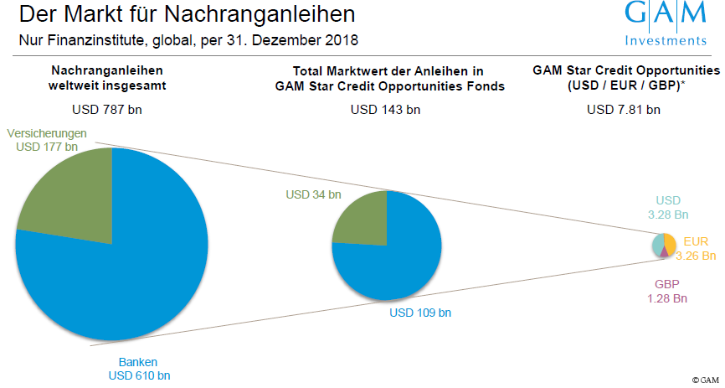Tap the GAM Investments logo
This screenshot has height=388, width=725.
[666, 23]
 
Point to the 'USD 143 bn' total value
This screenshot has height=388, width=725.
[385, 109]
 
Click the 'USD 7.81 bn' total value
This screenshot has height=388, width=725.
[624, 109]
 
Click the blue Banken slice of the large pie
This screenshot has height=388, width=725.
[126, 268]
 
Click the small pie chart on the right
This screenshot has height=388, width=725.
[664, 246]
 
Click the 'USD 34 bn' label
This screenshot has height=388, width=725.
[313, 194]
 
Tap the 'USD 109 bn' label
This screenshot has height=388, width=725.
[420, 313]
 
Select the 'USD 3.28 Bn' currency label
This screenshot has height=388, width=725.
[667, 208]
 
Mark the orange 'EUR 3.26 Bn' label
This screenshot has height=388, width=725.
[696, 248]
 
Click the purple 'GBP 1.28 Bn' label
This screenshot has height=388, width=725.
[667, 291]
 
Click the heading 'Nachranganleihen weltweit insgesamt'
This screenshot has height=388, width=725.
[107, 78]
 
